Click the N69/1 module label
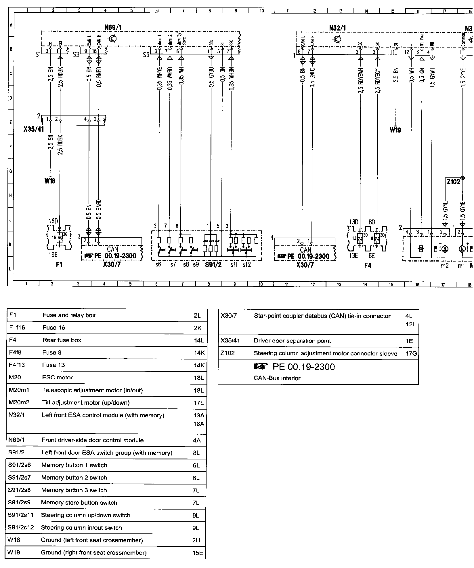113,28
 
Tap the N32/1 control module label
337,28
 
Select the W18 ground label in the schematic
50,181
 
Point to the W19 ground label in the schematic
395,130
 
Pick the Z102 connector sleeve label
453,182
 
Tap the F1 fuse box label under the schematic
59,265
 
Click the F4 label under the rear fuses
368,265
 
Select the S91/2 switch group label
213,264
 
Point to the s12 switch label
246,264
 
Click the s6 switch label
158,264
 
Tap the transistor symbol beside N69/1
114,39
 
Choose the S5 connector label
146,54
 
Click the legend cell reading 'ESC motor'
58,377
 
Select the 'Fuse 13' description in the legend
54,365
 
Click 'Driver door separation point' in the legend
292,341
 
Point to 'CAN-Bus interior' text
277,378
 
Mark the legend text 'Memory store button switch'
79,503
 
